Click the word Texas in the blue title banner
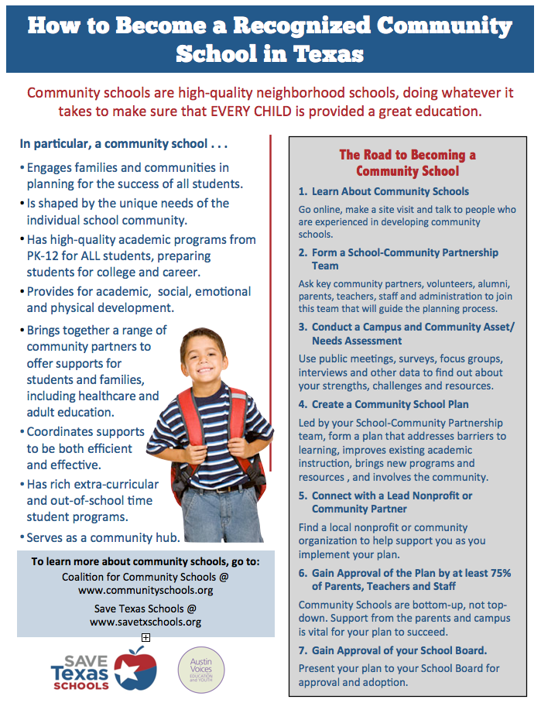pyautogui.click(x=324, y=54)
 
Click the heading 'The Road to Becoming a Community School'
pyautogui.click(x=407, y=163)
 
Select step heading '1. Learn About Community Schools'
pyautogui.click(x=384, y=191)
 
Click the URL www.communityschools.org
pyautogui.click(x=146, y=590)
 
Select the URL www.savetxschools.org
pyautogui.click(x=146, y=622)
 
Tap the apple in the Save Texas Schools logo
pyautogui.click(x=135, y=668)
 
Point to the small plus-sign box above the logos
pyautogui.click(x=146, y=637)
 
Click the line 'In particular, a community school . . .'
pyautogui.click(x=124, y=143)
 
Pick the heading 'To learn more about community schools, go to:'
pyautogui.click(x=146, y=561)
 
